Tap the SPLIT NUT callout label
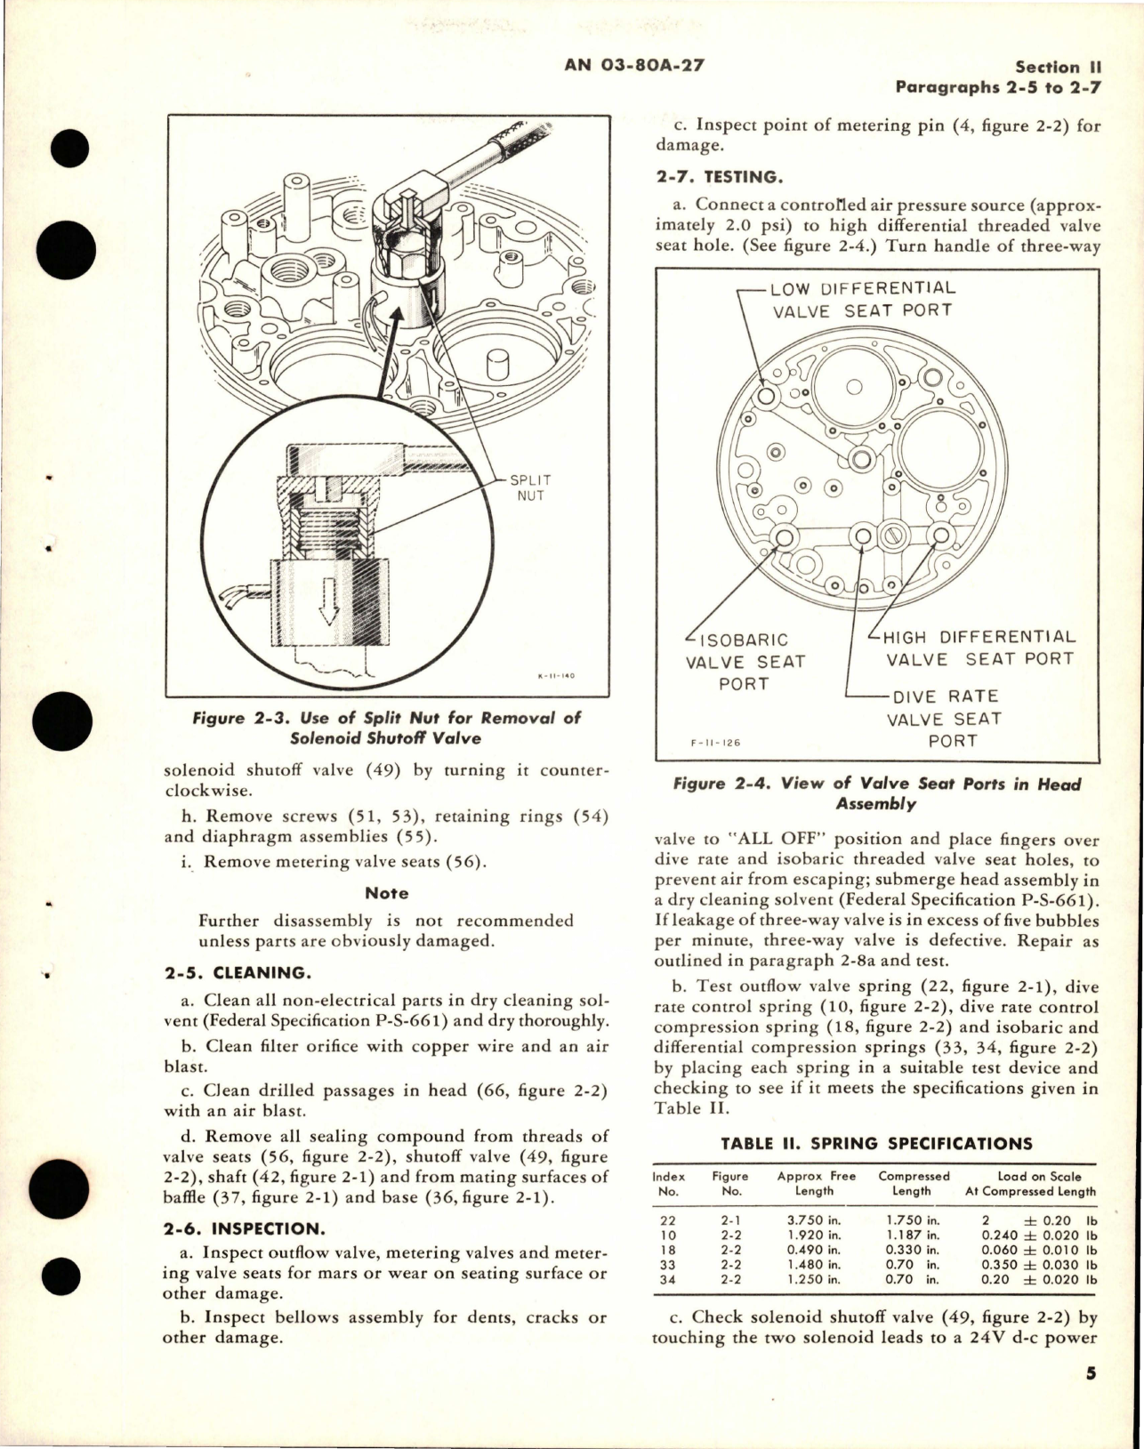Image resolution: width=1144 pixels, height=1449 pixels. [x=529, y=487]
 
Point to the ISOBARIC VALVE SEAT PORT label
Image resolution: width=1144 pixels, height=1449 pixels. [x=744, y=662]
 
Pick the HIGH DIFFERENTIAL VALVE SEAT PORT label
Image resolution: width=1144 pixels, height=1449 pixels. [x=979, y=648]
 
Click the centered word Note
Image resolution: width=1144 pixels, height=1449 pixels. [x=387, y=893]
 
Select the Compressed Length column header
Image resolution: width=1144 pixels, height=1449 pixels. [x=914, y=1183]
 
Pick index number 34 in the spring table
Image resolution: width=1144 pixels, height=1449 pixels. [x=668, y=1279]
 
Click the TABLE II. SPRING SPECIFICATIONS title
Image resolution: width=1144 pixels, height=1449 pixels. [x=876, y=1144]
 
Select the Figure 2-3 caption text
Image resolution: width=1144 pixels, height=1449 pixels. [x=387, y=728]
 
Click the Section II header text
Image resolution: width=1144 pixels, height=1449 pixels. [x=1059, y=67]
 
